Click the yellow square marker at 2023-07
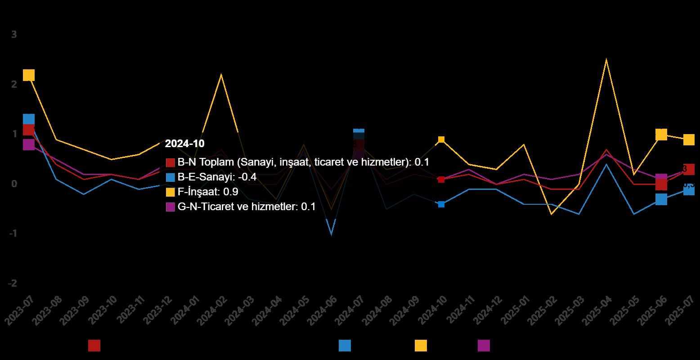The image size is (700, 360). [28, 75]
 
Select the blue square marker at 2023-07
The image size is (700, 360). [28, 119]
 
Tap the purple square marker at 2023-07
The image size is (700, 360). [28, 144]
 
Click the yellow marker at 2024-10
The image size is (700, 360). [441, 139]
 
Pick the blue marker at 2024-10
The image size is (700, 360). [441, 204]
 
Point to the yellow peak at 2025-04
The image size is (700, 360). [606, 60]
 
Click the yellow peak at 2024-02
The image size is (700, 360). [221, 75]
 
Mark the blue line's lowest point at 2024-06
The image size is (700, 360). [331, 234]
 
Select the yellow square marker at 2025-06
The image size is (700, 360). [661, 135]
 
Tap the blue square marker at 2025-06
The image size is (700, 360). [661, 199]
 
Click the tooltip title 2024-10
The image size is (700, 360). [184, 144]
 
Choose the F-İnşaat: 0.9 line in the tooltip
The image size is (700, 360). [207, 192]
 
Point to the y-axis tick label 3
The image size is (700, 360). [14, 35]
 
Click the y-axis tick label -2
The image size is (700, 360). [12, 283]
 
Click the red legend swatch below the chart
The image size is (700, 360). [94, 346]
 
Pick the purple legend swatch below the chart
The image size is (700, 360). [484, 346]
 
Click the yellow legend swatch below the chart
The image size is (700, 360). [421, 346]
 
